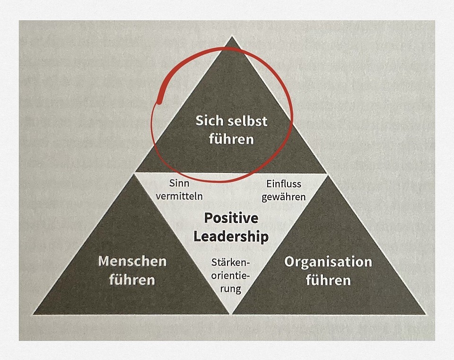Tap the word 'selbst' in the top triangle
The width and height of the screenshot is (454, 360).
(245, 121)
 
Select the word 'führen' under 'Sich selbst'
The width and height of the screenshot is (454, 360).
(231, 139)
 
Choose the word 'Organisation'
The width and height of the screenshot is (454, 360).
(328, 261)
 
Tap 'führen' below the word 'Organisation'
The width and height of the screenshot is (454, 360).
(328, 280)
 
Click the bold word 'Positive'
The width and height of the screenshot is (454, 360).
(231, 218)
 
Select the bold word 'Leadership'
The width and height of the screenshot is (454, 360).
(231, 236)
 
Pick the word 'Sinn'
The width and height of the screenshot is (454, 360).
(179, 183)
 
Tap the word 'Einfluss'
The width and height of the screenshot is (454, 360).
(284, 183)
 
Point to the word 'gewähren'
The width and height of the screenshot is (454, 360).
(284, 195)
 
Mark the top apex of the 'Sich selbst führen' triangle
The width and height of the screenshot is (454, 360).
(231, 38)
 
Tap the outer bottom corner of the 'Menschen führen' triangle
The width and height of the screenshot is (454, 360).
(34, 314)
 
